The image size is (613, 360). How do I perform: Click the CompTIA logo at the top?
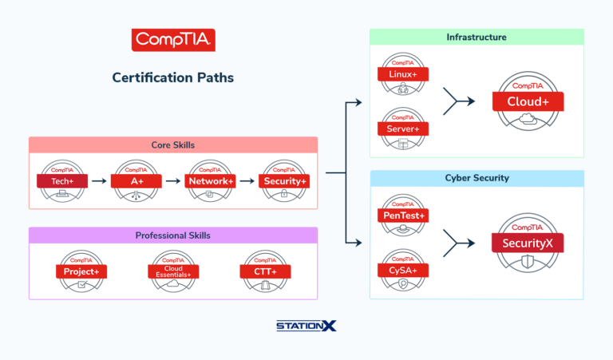pos(173,41)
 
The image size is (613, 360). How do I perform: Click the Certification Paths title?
pos(173,78)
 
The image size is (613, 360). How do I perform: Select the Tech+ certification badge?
pos(62,182)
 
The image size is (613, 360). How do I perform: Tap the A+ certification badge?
pos(136,182)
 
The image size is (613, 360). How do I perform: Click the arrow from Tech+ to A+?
pos(99,181)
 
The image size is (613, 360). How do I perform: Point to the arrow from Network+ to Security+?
pos(247,181)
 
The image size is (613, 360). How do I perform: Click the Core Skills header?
pos(173,145)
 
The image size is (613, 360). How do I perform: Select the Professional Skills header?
pos(173,235)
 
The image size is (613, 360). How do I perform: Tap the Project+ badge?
pos(81,272)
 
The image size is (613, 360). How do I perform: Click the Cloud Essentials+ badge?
pos(173,272)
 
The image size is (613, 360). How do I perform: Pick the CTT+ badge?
pos(266,272)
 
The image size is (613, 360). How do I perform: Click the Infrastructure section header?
pos(477,37)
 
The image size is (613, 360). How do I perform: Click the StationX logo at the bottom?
pos(306,326)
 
